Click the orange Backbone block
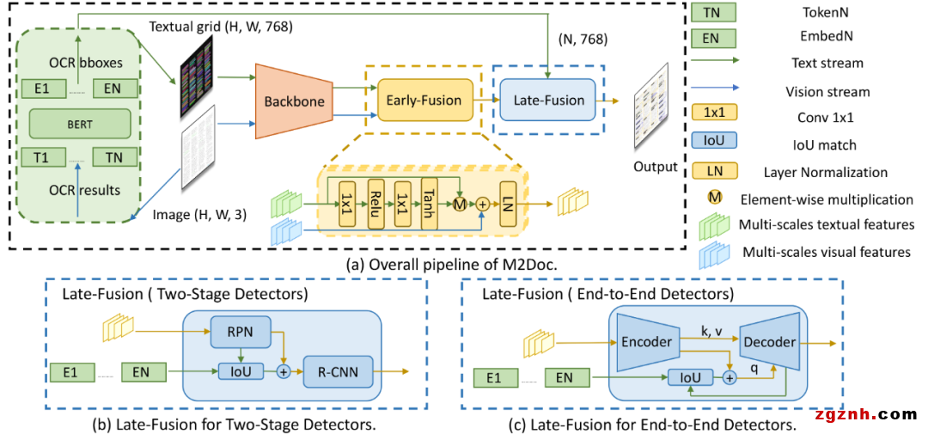(293, 101)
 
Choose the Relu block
(375, 204)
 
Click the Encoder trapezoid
(645, 341)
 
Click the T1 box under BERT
(40, 158)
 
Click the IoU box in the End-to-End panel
(689, 376)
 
